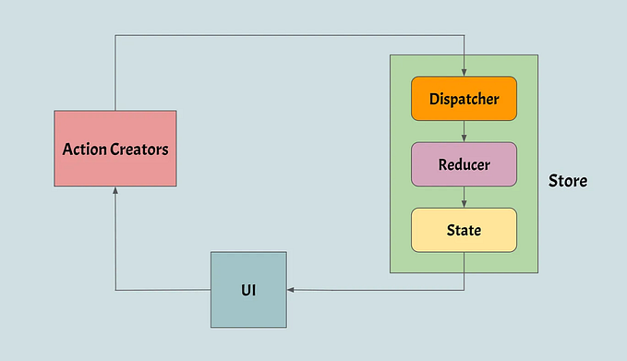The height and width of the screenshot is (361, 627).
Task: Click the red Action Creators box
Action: coord(115,148)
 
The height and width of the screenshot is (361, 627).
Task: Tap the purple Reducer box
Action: coord(464,164)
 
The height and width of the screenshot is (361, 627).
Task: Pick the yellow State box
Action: coord(464,230)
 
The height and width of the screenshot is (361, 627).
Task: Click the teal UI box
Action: coord(248,289)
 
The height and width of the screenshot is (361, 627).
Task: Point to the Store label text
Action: coord(567,181)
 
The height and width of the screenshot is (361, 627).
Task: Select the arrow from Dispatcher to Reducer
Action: coord(464,132)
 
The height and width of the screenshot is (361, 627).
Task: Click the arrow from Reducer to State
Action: coord(464,198)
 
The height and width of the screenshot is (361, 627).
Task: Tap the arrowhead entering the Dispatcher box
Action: coord(464,73)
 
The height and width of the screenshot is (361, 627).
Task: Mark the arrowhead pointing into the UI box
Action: coord(291,290)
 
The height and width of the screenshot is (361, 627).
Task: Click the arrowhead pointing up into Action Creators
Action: coord(115,190)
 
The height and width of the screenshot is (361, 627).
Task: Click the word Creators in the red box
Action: coord(139,149)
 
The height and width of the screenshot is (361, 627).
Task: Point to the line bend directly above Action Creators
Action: coord(115,36)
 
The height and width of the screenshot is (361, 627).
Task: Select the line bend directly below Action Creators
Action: coord(115,290)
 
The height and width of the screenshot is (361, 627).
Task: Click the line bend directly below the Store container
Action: coord(464,290)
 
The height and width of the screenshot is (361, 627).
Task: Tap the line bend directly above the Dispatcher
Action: coord(464,36)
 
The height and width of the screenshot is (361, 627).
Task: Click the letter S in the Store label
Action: coord(553,181)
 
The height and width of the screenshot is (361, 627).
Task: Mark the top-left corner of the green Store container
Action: coord(391,55)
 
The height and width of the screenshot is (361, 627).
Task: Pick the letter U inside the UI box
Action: coord(245,290)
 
